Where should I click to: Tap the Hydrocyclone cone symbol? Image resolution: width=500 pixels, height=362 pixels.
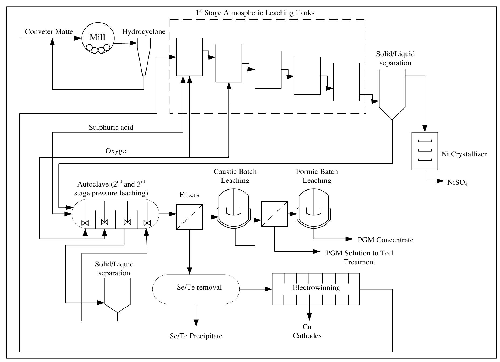coord(144,57)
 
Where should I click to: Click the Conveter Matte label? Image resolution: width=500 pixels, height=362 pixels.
coord(49,32)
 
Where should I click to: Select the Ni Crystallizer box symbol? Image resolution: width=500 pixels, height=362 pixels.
coord(425,151)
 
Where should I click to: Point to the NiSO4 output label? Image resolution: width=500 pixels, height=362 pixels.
coord(457,182)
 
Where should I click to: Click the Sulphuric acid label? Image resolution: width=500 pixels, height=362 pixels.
coord(111,127)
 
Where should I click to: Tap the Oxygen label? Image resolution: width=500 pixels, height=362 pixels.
coord(117,151)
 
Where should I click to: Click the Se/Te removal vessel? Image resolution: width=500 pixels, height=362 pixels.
coord(196,289)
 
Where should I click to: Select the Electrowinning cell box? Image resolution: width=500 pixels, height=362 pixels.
coord(316,289)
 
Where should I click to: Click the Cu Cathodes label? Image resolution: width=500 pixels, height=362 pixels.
coord(307,331)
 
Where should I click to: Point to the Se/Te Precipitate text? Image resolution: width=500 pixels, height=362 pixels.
coord(196,336)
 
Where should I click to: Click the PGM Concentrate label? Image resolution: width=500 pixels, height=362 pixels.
coord(385,240)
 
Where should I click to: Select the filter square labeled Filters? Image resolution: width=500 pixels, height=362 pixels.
coord(189,217)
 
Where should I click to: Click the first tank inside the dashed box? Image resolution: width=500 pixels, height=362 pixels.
coord(189,58)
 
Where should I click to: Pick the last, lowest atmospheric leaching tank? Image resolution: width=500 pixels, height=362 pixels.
coord(346,83)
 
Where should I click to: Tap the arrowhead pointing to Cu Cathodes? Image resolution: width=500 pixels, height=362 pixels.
coord(310,317)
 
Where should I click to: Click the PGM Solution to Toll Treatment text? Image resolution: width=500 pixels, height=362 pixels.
coord(359,257)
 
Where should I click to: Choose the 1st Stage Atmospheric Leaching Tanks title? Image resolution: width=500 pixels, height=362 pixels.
coord(255,13)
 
